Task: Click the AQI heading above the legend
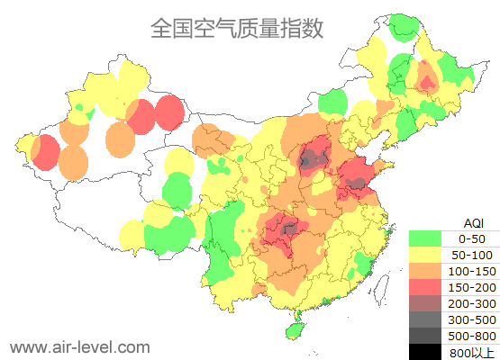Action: [473, 222]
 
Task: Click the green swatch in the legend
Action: [425, 238]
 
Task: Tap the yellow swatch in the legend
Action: [425, 255]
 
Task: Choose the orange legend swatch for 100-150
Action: [425, 271]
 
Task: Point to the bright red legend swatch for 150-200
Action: [425, 287]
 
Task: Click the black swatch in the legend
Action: [425, 352]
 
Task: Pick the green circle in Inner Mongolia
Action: [332, 100]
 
